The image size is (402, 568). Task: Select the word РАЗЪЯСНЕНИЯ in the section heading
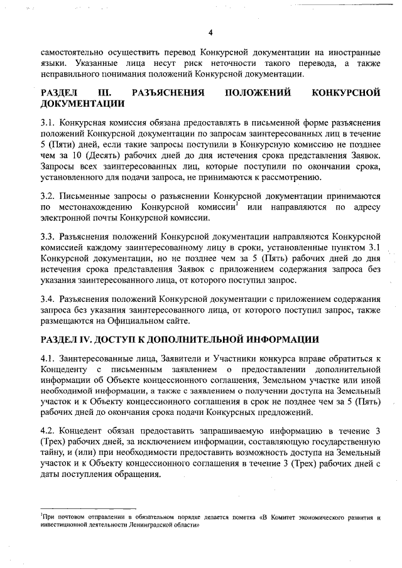[x=170, y=93]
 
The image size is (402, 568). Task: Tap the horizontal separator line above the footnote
[x=88, y=509]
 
